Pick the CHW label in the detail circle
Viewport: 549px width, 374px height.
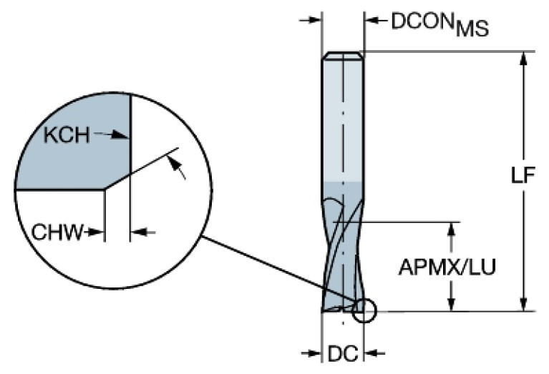pos(55,232)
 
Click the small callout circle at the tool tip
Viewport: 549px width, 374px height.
pos(364,310)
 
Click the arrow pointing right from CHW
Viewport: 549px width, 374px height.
pos(97,232)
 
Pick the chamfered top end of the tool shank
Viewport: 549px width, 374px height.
pos(342,56)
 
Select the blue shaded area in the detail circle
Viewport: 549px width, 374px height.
pos(72,154)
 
